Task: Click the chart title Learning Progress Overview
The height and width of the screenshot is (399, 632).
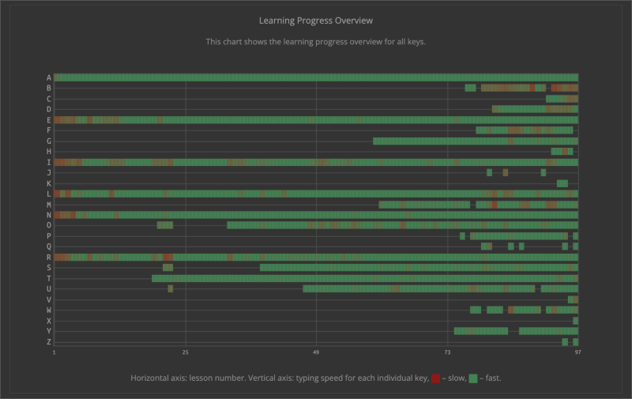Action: point(316,20)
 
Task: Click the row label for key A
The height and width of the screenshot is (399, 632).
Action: point(49,77)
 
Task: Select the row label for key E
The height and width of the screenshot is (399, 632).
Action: point(49,120)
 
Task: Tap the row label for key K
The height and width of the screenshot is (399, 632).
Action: point(49,183)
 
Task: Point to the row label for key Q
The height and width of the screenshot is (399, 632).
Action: point(49,247)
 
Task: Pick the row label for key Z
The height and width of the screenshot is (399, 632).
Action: point(49,342)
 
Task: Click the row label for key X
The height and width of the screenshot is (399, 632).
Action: point(49,321)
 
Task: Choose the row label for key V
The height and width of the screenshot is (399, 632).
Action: point(49,299)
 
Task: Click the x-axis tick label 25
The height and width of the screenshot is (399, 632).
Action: point(186,352)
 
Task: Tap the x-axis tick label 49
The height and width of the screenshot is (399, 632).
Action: point(316,352)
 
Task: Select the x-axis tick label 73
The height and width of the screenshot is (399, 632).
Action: point(447,352)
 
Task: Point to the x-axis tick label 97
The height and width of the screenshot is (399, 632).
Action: point(577,352)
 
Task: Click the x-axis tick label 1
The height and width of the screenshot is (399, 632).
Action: point(55,352)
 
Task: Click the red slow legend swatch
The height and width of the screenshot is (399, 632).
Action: point(436,378)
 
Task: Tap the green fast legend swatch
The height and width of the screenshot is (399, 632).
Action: point(473,378)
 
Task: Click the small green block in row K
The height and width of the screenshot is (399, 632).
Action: point(562,183)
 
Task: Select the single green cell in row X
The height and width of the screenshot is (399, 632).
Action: point(575,321)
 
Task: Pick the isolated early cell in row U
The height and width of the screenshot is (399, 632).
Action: point(170,288)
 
